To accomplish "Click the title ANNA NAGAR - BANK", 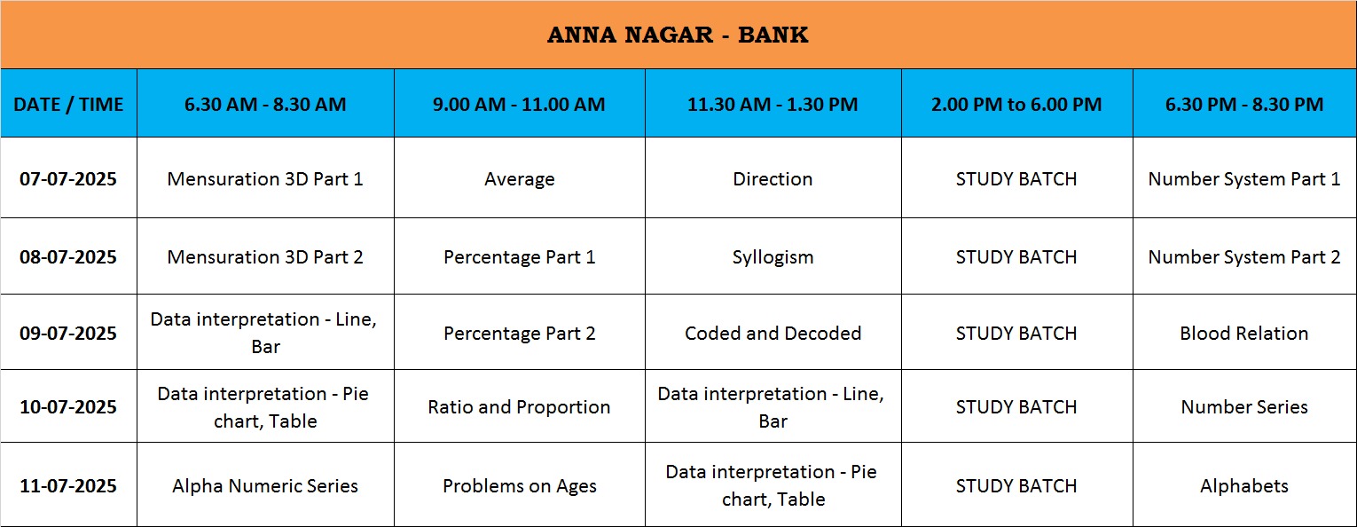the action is (x=678, y=35).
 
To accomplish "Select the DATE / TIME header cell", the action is (x=68, y=104).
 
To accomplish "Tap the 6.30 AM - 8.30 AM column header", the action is (x=265, y=104).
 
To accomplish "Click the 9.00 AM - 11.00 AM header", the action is (x=519, y=104).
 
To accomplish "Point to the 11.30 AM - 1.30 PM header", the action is (x=773, y=104).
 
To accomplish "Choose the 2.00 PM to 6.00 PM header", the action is (x=1016, y=104).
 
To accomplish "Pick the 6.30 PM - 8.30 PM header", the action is (x=1244, y=104).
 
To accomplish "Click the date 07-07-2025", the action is (x=68, y=178).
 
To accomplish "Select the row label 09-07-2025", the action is (x=68, y=334).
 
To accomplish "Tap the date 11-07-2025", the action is (x=68, y=486).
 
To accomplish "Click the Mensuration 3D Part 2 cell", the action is (x=265, y=256).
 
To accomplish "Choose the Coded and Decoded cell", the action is (x=773, y=334).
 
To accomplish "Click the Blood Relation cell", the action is (x=1244, y=334).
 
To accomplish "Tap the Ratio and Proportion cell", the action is (x=519, y=407).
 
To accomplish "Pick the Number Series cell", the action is (x=1244, y=407).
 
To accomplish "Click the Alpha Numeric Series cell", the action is (x=265, y=486).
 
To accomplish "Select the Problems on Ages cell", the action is (x=519, y=486).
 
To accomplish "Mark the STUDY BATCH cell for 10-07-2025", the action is (x=1016, y=407).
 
